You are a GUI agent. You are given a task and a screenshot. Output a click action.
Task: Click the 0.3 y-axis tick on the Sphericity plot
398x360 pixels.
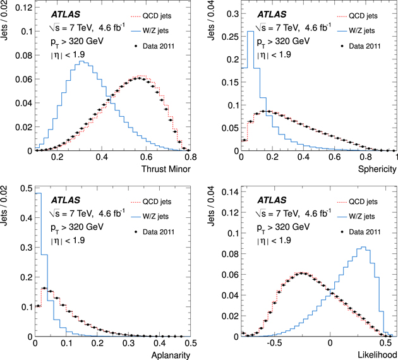coord(231,12)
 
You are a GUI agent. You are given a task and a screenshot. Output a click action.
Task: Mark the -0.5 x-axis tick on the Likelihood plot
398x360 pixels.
coord(274,343)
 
